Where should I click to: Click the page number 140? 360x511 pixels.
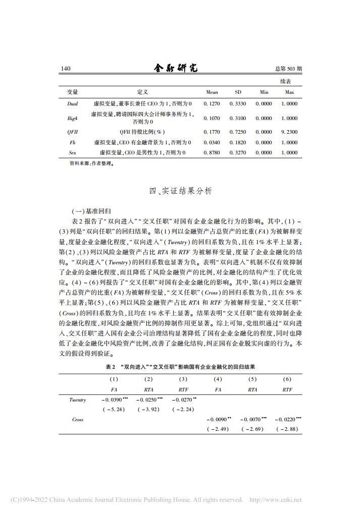[x=65, y=69]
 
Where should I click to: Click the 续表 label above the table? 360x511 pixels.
[x=286, y=81]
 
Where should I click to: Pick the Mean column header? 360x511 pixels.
[x=212, y=92]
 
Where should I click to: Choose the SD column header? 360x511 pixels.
[x=238, y=92]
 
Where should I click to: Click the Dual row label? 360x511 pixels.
[x=72, y=103]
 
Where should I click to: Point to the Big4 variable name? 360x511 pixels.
[x=72, y=118]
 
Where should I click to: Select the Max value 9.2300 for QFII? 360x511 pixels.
[x=289, y=132]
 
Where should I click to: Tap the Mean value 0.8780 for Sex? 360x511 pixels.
[x=212, y=152]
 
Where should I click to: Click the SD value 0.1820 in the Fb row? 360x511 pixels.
[x=238, y=143]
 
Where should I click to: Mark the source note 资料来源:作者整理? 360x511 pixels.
[x=90, y=163]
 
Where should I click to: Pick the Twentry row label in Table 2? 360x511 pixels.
[x=77, y=400]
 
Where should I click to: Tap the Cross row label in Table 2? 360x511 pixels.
[x=77, y=419]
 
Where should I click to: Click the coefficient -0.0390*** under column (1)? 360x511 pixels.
[x=114, y=400]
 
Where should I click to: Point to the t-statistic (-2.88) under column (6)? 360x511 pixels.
[x=288, y=429]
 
